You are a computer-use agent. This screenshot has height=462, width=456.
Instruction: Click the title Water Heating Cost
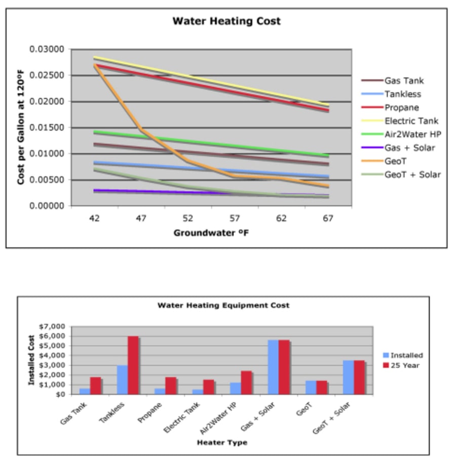226,21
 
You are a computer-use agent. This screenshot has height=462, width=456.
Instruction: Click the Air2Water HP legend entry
410,135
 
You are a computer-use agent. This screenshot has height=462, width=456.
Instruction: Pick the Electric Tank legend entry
411,121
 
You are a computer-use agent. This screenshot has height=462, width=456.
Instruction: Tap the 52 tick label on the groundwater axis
188,218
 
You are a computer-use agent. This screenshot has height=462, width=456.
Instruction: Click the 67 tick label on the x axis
328,218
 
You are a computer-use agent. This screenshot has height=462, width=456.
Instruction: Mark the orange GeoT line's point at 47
141,130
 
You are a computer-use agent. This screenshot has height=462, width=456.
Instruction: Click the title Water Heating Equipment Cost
223,306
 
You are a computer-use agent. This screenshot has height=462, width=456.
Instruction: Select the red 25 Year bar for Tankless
133,365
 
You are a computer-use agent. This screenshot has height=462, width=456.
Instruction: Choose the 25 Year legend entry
405,365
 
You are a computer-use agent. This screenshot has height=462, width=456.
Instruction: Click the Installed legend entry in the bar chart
406,355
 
